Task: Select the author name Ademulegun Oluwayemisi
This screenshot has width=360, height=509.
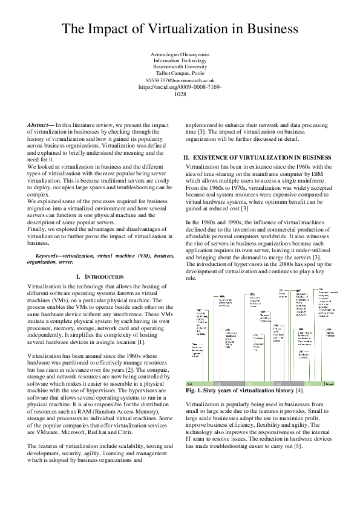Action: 180,55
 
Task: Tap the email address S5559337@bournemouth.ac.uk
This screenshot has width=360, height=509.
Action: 180,80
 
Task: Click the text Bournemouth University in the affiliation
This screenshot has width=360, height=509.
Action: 180,67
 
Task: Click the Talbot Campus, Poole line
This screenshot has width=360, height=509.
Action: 180,73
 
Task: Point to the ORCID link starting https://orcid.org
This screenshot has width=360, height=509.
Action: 180,86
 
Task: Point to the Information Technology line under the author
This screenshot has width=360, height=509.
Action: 180,61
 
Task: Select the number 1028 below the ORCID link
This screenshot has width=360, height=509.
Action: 180,94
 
